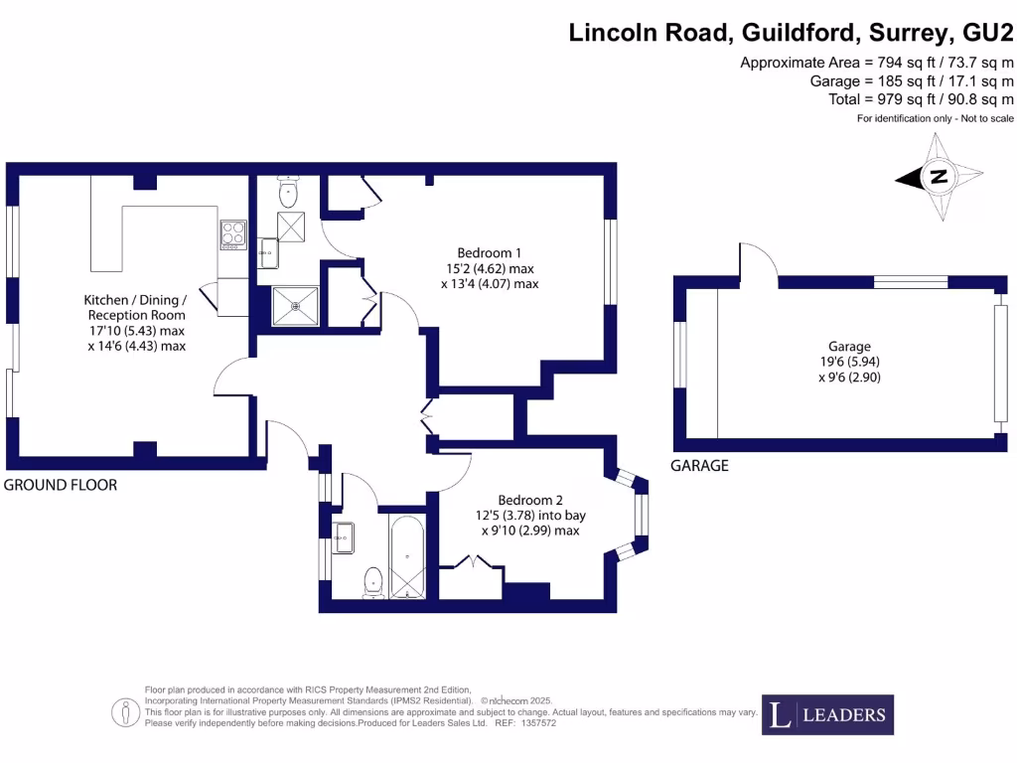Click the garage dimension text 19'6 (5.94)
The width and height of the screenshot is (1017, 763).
846,363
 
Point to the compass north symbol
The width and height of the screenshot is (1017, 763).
937,178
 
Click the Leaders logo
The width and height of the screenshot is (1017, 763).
827,714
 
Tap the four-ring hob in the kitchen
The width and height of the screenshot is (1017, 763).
233,234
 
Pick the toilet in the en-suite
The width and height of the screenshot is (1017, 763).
289,192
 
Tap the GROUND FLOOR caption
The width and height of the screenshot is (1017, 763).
61,486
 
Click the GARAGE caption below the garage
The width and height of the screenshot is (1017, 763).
698,466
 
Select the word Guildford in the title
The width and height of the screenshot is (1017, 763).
799,33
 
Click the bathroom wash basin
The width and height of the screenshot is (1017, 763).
344,537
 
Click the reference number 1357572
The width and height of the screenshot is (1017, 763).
540,723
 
